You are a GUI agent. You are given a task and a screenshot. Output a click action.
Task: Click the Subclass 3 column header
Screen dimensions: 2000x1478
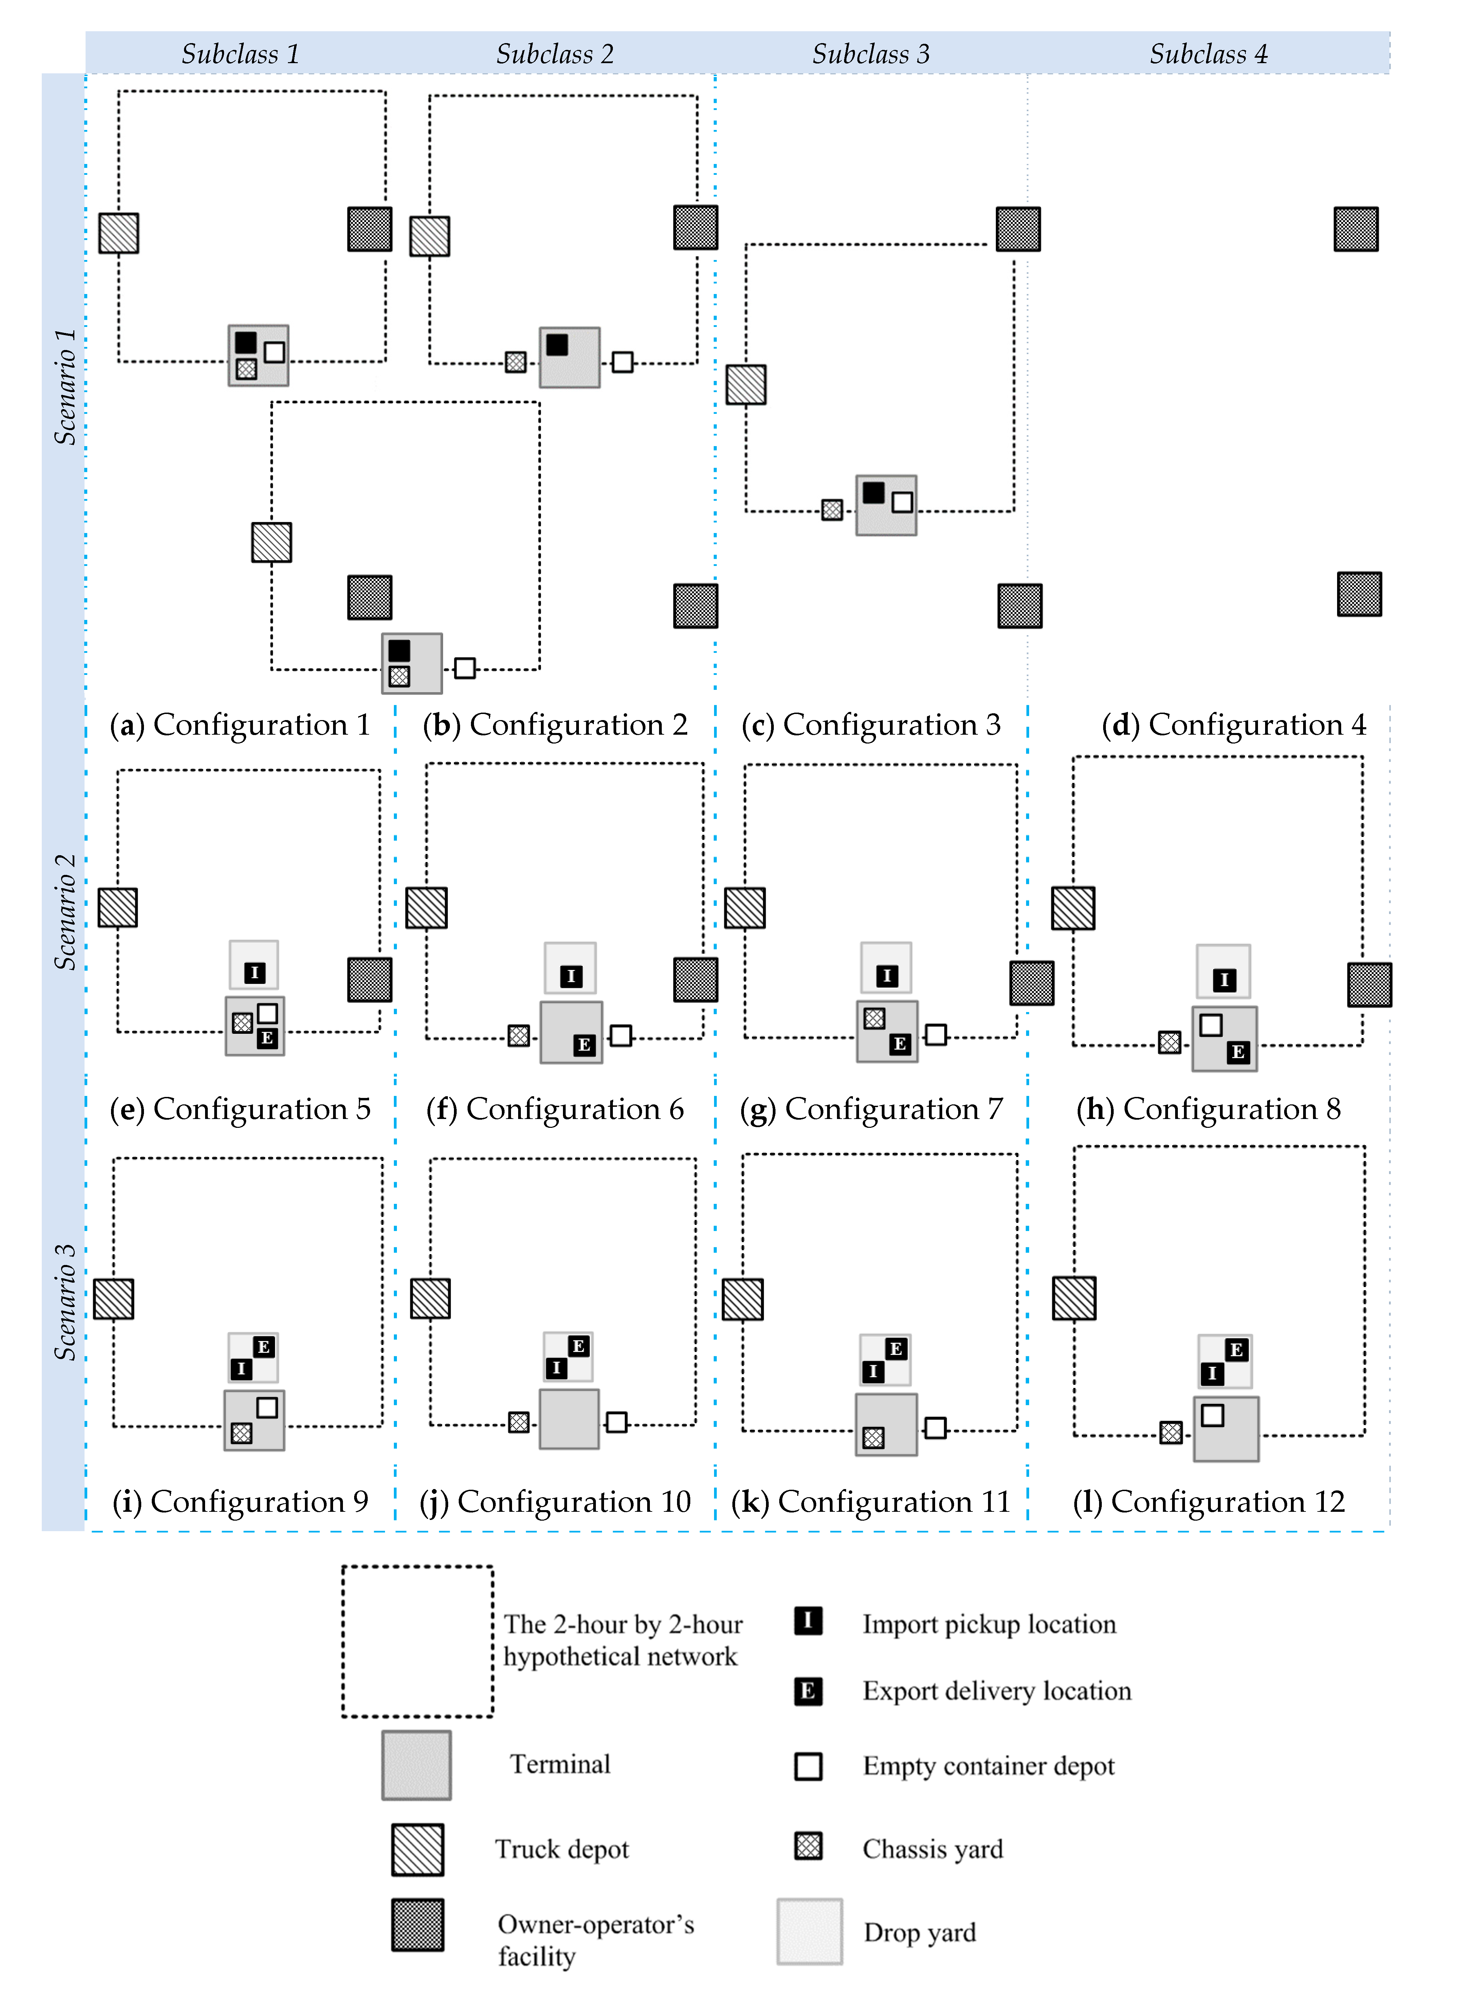pyautogui.click(x=871, y=54)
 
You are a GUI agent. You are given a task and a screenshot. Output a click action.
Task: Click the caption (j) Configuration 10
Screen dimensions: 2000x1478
pyautogui.click(x=555, y=1502)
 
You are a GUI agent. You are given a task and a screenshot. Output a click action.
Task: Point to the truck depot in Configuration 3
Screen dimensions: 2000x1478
pyautogui.click(x=745, y=385)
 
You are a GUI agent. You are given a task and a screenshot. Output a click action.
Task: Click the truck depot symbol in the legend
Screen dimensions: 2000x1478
pyautogui.click(x=417, y=1850)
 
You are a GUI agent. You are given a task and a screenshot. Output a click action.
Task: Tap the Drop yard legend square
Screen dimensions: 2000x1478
pyautogui.click(x=809, y=1932)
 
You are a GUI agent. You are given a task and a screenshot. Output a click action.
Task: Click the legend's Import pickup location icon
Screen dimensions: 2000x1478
pyautogui.click(x=808, y=1621)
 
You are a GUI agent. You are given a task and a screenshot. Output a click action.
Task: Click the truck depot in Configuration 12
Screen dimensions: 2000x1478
pyautogui.click(x=1074, y=1298)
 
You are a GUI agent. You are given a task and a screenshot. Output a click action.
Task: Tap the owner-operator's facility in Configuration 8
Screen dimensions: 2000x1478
pyautogui.click(x=1369, y=985)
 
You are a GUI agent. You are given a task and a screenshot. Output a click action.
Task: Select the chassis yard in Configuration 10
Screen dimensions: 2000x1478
pyautogui.click(x=518, y=1422)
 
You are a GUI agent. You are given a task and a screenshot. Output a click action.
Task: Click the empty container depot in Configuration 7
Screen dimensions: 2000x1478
pyautogui.click(x=936, y=1035)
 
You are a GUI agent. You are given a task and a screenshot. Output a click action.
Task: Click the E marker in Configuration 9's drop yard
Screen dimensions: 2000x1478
pyautogui.click(x=263, y=1347)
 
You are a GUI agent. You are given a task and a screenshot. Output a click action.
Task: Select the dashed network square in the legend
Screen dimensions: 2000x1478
pyautogui.click(x=417, y=1641)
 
